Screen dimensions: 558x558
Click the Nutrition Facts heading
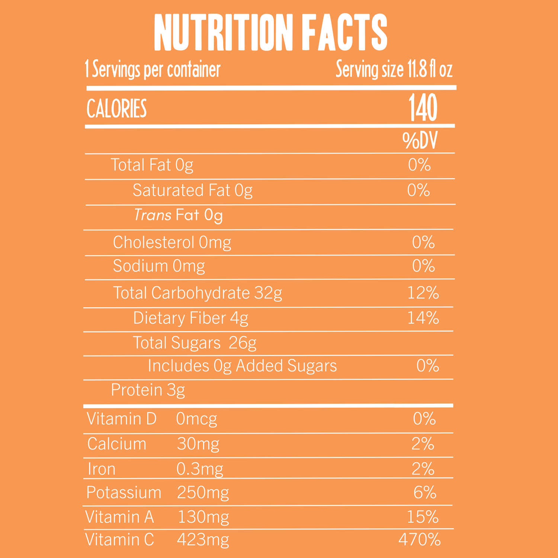(x=270, y=33)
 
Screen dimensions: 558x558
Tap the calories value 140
(x=423, y=108)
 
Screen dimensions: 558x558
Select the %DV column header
(x=420, y=141)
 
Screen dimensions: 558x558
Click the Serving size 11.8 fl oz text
(x=394, y=70)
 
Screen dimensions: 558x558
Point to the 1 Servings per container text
(x=153, y=70)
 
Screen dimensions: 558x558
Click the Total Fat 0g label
(x=152, y=165)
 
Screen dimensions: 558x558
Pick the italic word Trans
(x=153, y=215)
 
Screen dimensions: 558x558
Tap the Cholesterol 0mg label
(x=172, y=243)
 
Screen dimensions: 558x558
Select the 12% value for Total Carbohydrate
(x=423, y=293)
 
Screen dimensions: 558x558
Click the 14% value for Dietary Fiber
(x=423, y=318)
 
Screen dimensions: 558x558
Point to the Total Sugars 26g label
(x=195, y=343)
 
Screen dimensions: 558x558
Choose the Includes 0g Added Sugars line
(x=242, y=366)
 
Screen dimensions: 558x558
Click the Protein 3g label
(x=148, y=390)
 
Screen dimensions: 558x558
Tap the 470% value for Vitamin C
(x=419, y=540)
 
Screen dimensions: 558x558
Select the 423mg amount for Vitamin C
(x=203, y=540)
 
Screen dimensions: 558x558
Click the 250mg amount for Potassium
(x=203, y=493)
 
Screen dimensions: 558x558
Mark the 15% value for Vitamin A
(x=423, y=517)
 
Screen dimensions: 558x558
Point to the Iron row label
(x=102, y=469)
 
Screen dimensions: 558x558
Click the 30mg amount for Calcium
(x=198, y=444)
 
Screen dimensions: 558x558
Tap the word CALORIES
(x=116, y=109)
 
